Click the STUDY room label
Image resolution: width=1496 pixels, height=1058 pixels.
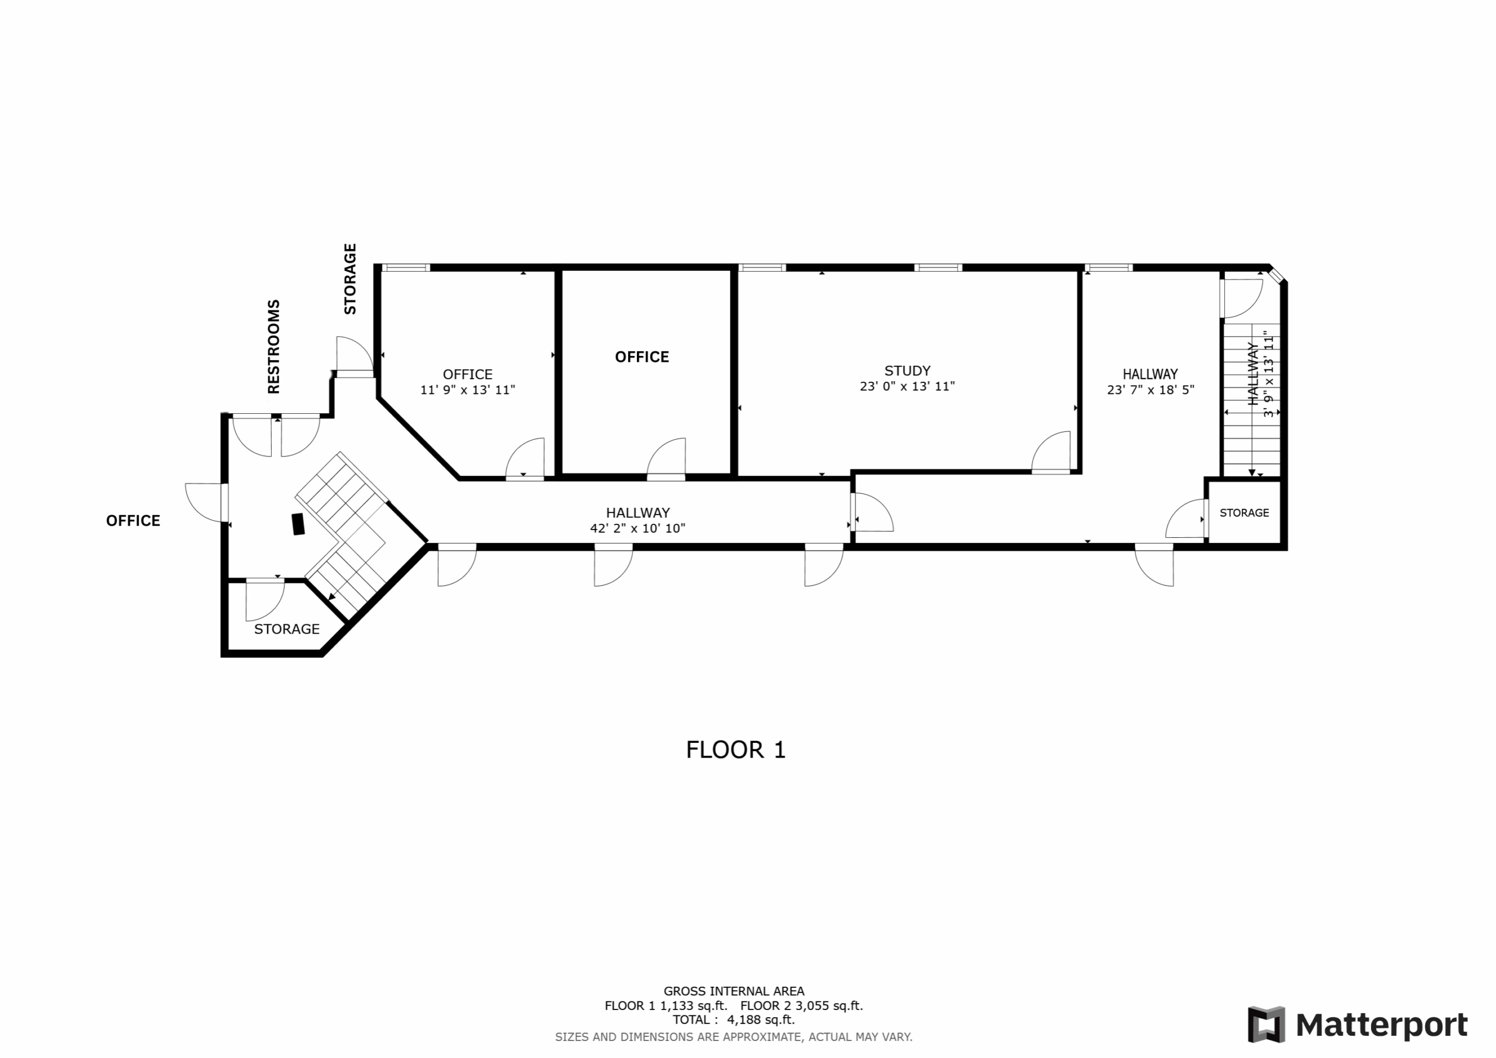[x=907, y=371]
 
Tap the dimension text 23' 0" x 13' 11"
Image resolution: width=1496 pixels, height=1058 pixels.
[x=907, y=386]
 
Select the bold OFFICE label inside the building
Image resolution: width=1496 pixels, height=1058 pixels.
[x=642, y=357]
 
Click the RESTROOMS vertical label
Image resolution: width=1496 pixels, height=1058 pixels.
[x=273, y=347]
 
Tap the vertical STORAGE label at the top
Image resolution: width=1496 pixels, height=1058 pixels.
[x=350, y=279]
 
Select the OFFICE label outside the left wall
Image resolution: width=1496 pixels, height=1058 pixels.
[x=133, y=521]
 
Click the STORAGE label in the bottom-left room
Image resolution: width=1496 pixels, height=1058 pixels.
[x=287, y=629]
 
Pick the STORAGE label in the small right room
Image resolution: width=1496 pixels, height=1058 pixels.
[x=1244, y=513]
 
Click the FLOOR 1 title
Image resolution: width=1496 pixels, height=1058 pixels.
[x=736, y=751]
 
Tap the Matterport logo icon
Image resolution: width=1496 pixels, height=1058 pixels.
[x=1266, y=1025]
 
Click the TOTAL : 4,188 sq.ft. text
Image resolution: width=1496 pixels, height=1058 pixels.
[x=733, y=1020]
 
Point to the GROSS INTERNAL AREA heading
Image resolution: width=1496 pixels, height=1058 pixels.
[x=733, y=991]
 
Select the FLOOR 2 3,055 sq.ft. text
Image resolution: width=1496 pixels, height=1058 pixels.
[x=801, y=1006]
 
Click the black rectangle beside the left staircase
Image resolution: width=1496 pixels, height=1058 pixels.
[x=299, y=524]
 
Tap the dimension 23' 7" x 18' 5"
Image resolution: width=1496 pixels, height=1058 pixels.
[x=1150, y=390]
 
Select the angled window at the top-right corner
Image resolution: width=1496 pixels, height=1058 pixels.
[x=1276, y=275]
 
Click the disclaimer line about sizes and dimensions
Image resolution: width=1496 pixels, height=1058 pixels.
[x=733, y=1037]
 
